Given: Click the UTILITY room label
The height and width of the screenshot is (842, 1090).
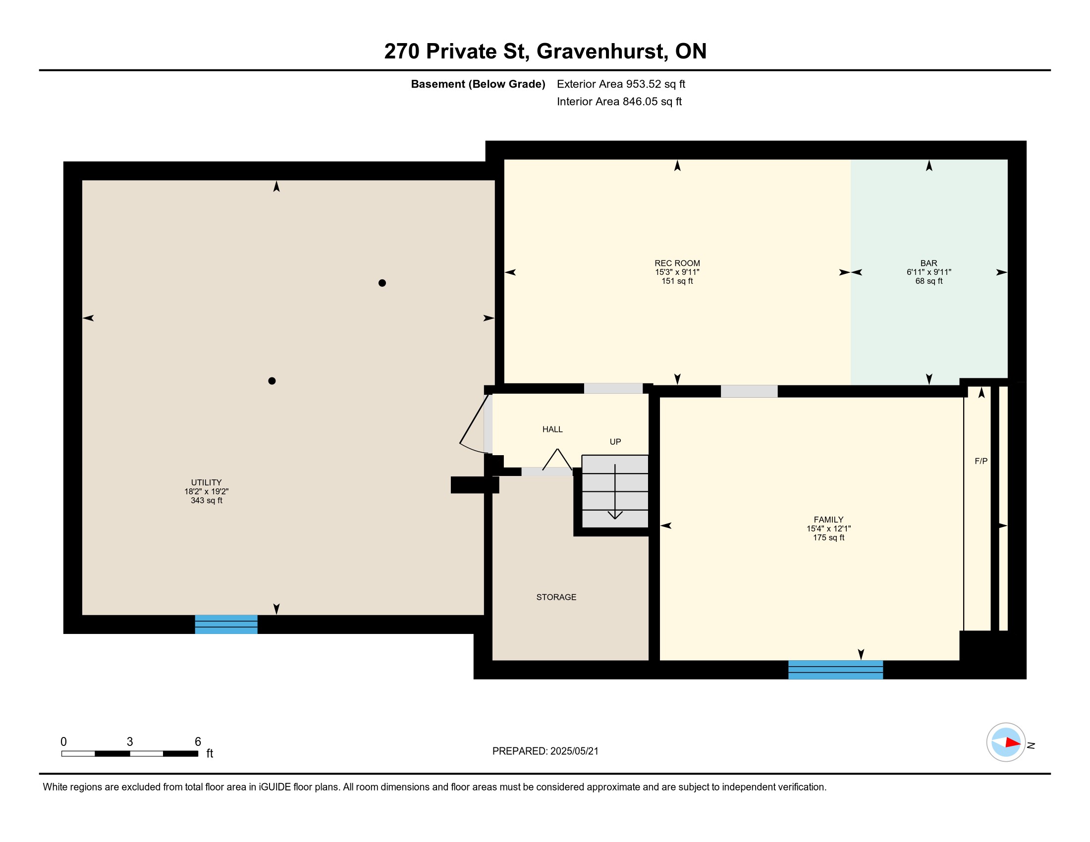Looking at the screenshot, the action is tap(206, 482).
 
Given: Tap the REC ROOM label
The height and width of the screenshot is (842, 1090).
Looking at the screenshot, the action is tap(677, 263).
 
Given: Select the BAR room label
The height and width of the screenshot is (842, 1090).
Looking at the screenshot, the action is tap(929, 263).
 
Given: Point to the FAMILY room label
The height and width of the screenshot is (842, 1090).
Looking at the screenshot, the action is tap(828, 519).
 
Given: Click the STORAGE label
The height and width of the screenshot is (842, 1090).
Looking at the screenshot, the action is tap(556, 597).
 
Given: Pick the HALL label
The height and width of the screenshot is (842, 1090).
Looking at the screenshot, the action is tap(552, 429).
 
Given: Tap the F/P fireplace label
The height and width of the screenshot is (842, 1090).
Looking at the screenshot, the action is tap(981, 461).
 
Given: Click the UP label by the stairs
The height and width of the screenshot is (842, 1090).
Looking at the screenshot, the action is tap(615, 441).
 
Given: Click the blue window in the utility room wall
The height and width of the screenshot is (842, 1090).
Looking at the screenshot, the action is tap(226, 624).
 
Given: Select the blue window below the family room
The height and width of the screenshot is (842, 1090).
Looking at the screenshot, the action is tap(835, 670).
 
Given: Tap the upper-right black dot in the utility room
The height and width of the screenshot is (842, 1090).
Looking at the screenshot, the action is tap(382, 283).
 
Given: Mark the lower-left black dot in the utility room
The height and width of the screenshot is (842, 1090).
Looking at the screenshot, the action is tap(272, 380).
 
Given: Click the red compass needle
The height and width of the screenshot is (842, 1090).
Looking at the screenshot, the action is tap(1013, 742).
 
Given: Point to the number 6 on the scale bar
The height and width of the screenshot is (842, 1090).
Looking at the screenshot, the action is tap(198, 742).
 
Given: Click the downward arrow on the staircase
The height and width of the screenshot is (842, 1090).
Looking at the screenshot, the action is tap(615, 492).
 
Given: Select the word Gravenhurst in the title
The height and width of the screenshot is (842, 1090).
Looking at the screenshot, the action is tap(600, 51).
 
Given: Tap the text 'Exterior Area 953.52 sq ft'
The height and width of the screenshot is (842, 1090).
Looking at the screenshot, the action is tap(621, 84).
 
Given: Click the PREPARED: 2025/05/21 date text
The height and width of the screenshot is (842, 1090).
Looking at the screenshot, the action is tap(545, 751).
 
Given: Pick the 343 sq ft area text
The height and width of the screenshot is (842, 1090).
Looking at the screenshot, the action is tap(206, 500).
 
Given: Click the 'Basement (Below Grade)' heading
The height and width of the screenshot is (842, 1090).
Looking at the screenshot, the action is tap(478, 84).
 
